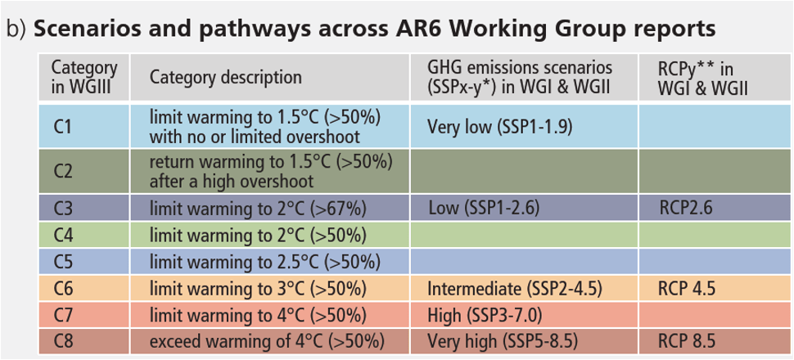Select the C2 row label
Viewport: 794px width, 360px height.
point(84,171)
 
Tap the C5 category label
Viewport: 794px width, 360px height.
point(84,262)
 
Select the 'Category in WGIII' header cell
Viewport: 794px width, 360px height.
point(84,77)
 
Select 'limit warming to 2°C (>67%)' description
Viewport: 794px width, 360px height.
point(258,209)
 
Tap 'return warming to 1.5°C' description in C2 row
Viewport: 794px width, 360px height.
point(271,171)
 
